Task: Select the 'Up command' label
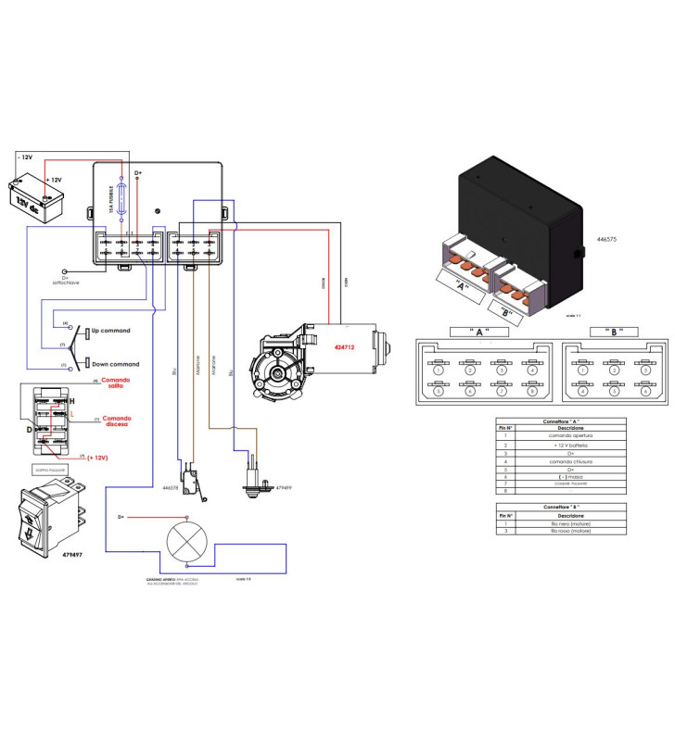coord(109,331)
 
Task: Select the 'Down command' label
coord(113,364)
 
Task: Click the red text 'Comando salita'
coord(117,384)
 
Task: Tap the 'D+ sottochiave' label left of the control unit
coord(65,279)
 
